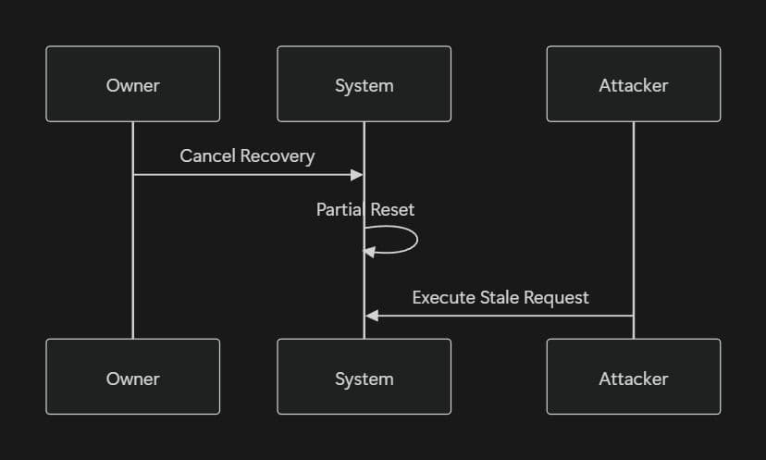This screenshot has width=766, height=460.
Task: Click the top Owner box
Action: [133, 84]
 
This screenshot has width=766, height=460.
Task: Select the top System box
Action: [364, 84]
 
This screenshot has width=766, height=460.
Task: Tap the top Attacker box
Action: [633, 84]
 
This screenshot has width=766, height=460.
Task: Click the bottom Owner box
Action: [133, 377]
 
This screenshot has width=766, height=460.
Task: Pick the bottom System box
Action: [364, 377]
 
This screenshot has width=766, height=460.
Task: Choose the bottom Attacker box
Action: [633, 377]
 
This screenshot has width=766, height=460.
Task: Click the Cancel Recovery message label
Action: [247, 155]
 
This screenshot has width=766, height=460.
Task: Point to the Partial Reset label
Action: [364, 209]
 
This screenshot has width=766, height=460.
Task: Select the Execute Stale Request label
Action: [500, 297]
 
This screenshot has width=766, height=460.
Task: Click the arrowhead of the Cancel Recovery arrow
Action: [357, 174]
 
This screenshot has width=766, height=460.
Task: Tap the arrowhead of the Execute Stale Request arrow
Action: [372, 316]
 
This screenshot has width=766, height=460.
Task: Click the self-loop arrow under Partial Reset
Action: [414, 240]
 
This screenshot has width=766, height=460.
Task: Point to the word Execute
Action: [441, 297]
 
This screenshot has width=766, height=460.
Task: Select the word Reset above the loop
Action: [392, 209]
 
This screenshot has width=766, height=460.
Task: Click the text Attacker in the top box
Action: [633, 85]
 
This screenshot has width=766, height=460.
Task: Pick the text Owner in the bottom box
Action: [133, 378]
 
